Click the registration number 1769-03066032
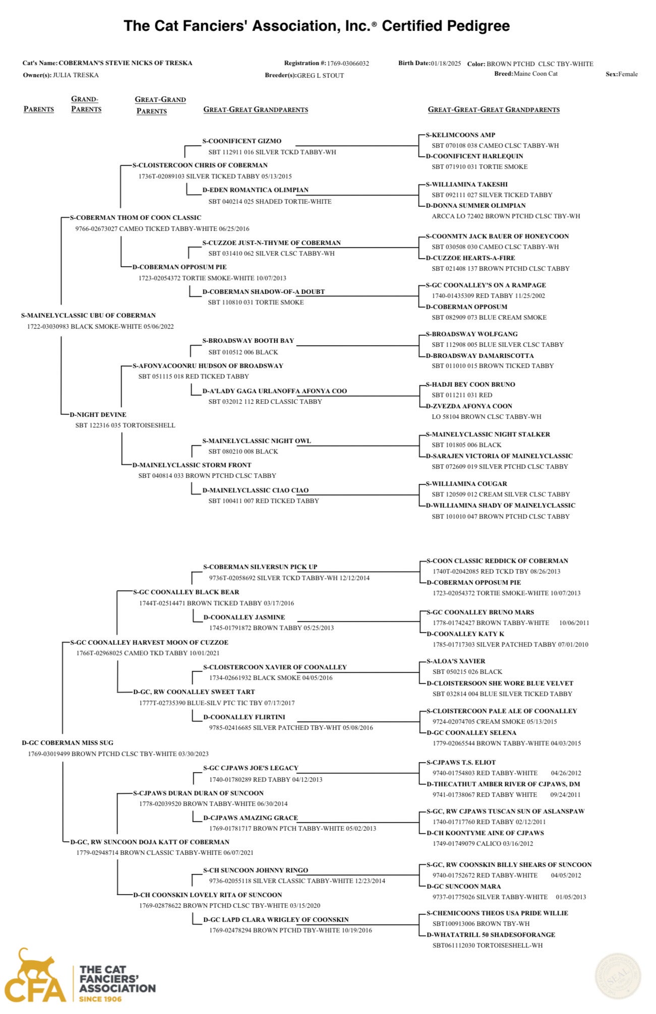tap(348, 64)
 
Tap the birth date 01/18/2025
tap(446, 64)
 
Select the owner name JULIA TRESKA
tap(76, 75)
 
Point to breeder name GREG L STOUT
tap(320, 76)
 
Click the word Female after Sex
tap(628, 74)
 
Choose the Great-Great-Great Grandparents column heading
tap(494, 109)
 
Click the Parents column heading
tap(39, 109)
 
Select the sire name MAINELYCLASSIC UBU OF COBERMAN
tap(88, 315)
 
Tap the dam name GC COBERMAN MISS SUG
tap(68, 743)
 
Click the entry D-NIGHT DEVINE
tap(98, 415)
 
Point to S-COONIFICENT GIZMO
tap(242, 141)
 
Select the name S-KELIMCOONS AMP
tap(460, 135)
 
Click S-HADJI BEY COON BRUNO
tap(470, 385)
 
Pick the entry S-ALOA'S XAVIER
tap(456, 661)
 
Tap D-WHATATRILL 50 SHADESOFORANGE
tap(491, 935)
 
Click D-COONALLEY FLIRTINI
tap(244, 717)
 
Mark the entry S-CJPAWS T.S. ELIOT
tap(461, 763)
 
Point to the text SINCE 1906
tap(100, 999)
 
